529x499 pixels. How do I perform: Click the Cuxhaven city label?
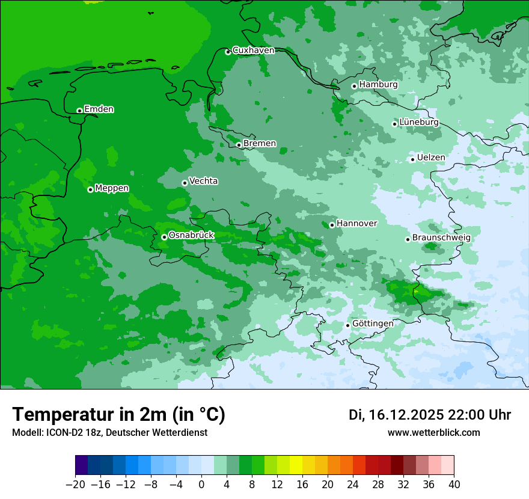253,51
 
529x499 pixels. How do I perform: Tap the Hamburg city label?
378,85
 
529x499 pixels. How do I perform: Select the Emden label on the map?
99,109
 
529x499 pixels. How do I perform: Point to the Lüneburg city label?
419,122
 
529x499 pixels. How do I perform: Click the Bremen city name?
260,144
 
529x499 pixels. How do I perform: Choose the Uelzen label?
431,158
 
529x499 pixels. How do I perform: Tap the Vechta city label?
204,181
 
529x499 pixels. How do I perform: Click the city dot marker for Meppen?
90,189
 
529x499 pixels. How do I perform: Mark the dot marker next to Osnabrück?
164,237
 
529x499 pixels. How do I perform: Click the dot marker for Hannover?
332,225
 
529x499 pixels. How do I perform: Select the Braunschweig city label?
441,238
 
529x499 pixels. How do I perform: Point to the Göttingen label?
373,323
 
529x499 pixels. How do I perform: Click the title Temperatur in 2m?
119,415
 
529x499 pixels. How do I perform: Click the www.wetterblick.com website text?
433,433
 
